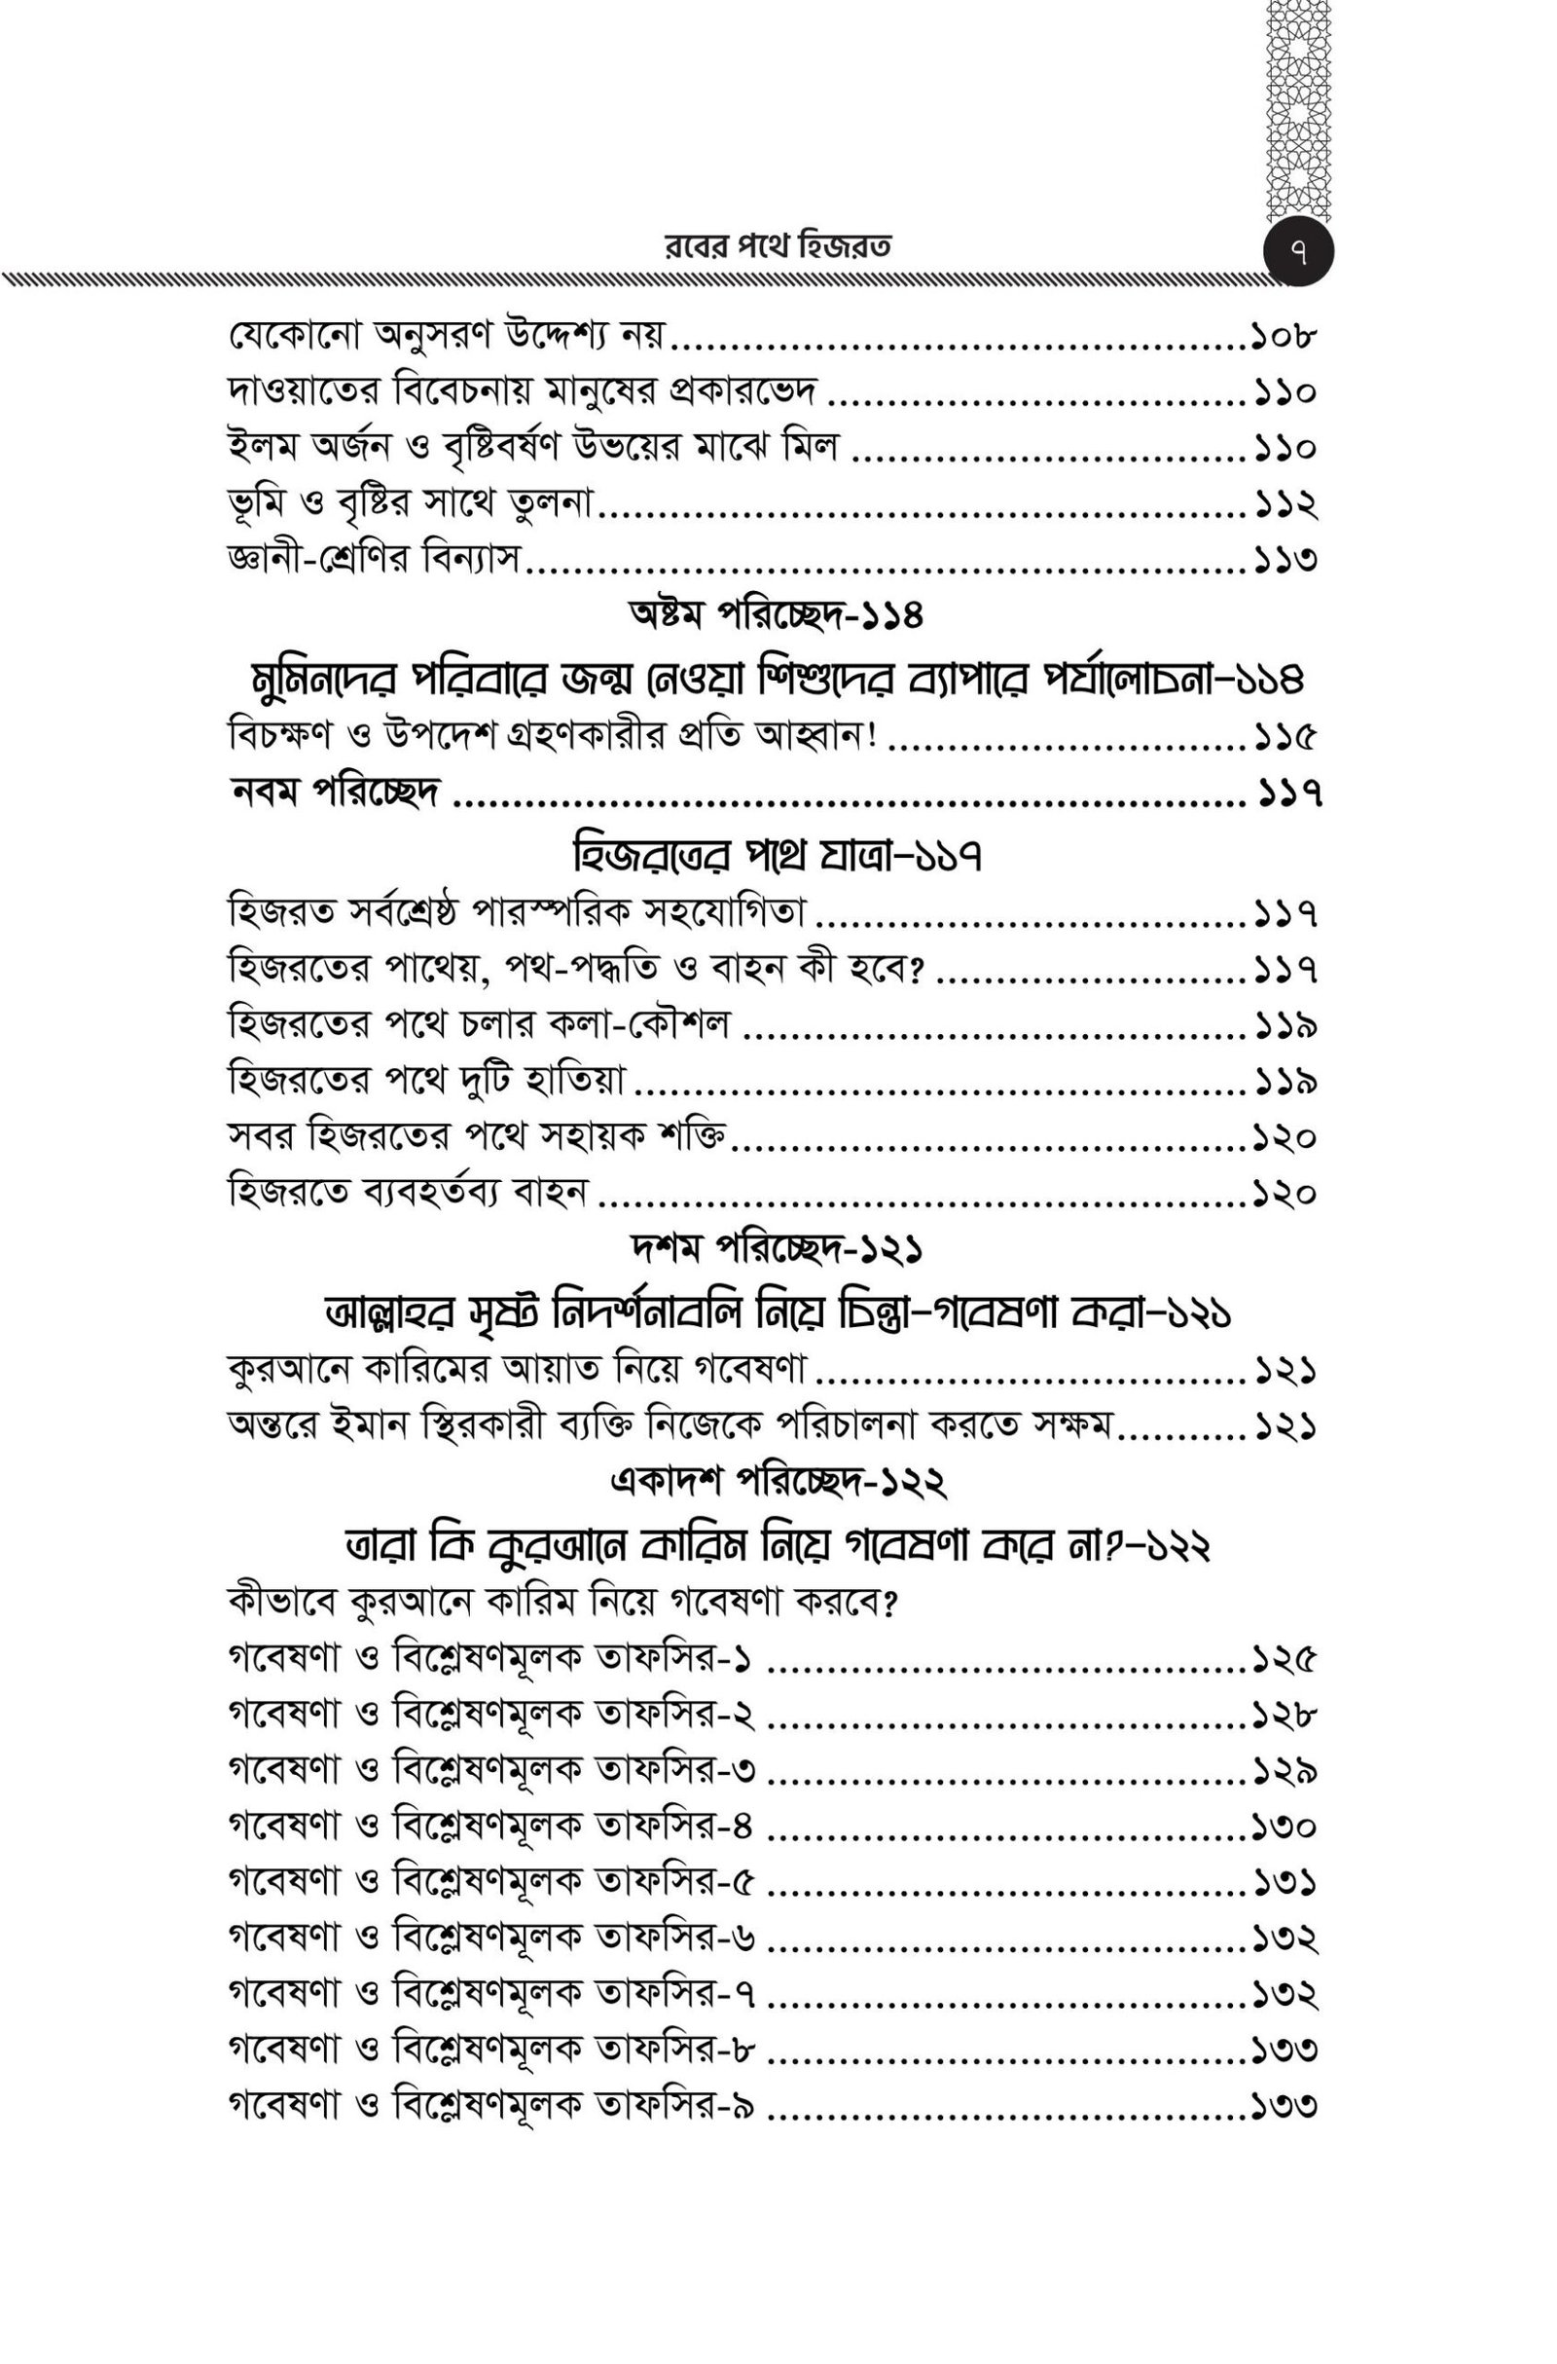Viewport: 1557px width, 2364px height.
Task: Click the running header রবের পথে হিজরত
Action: pyautogui.click(x=778, y=247)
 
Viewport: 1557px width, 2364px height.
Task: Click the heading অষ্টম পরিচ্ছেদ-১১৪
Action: pyautogui.click(x=778, y=617)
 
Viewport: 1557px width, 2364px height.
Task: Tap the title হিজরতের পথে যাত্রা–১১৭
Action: pyautogui.click(x=778, y=855)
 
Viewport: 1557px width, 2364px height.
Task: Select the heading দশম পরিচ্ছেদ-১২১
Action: pyautogui.click(x=778, y=1249)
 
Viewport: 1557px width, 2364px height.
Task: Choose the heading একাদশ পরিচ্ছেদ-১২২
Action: pyautogui.click(x=778, y=1484)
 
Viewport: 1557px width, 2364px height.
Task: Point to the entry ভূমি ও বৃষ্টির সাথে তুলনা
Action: pyautogui.click(x=409, y=505)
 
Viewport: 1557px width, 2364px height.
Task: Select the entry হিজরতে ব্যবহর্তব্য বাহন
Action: pyautogui.click(x=409, y=1192)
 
